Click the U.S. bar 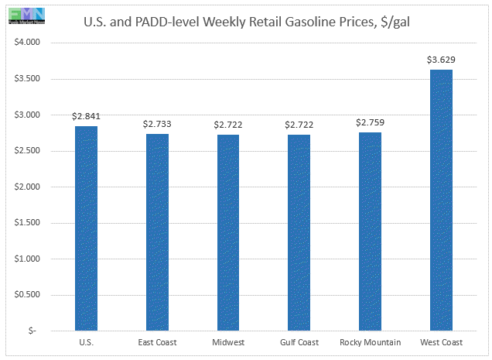86,228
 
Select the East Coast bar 157,232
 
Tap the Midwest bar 228,232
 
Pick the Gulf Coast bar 299,232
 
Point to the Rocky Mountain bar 371,231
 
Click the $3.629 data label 441,60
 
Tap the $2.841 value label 86,116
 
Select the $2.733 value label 157,124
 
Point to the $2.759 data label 371,122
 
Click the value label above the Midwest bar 228,125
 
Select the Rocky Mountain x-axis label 371,341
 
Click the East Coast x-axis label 157,341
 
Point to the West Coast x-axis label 441,341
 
